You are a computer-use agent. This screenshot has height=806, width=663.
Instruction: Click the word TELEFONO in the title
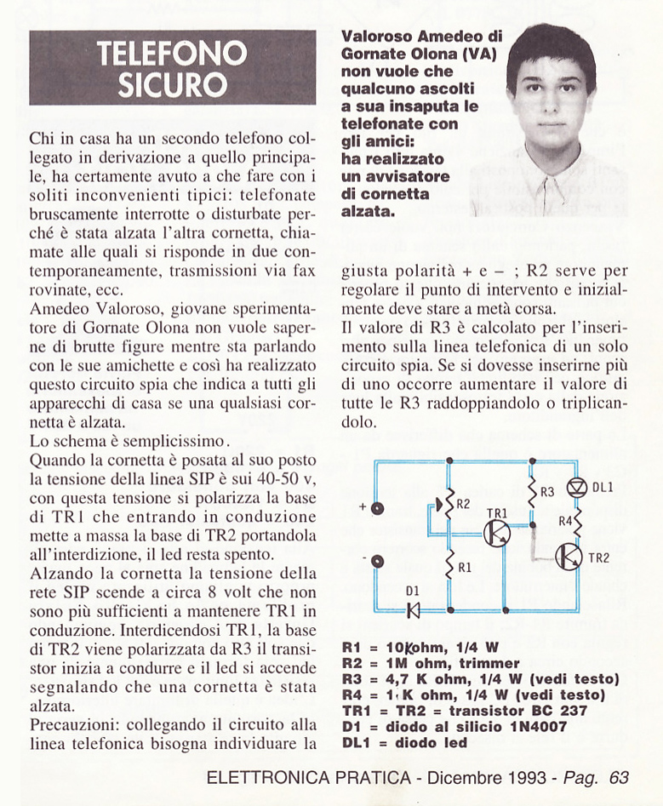pos(173,54)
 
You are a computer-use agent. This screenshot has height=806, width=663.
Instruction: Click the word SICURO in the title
pos(173,85)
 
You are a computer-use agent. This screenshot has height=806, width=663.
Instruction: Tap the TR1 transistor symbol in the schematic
pos(496,534)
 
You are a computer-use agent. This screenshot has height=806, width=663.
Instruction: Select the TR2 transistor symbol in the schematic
pos(569,556)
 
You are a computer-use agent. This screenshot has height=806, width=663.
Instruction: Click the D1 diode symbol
pos(414,609)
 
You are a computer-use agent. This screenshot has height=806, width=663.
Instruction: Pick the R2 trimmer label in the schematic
pos(463,504)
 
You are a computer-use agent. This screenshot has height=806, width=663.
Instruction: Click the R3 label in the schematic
pos(547,492)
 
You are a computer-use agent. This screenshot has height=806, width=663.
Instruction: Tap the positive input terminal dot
pos(378,508)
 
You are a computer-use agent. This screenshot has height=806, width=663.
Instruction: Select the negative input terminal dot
pos(378,560)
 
